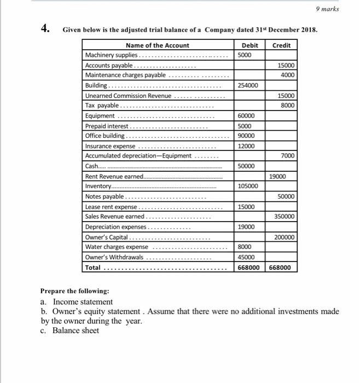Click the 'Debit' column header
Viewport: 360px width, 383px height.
249,45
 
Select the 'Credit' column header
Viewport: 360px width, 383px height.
281,45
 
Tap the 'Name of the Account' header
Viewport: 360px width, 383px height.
158,45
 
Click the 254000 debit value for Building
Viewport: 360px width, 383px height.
248,85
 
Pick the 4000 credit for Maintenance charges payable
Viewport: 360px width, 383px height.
288,75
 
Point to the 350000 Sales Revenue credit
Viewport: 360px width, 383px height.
285,217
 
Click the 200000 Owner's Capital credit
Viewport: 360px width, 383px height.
285,237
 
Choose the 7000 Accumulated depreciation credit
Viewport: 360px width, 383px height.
288,156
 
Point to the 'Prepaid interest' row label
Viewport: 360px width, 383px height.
105,126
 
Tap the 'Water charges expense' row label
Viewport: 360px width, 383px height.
116,247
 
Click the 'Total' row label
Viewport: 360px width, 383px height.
93,268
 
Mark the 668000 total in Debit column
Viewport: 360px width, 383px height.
248,268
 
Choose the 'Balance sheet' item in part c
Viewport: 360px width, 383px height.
76,331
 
